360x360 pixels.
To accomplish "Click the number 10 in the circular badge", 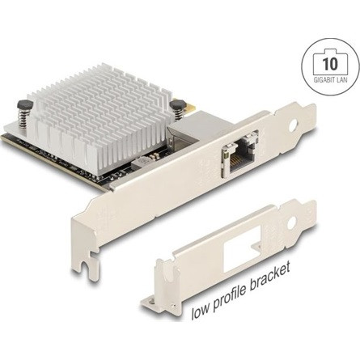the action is tap(330, 64).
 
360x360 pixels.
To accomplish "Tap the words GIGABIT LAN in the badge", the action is tap(330, 79).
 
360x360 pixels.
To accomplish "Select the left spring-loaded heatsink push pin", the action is tap(24, 112).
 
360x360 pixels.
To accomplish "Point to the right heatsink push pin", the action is tap(178, 108).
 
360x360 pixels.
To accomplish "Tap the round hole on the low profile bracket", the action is tap(291, 223).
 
